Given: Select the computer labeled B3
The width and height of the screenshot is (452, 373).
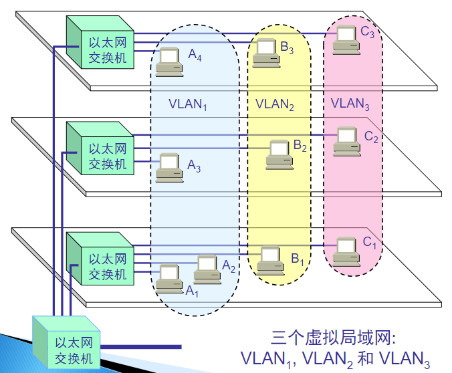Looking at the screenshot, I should [267, 52].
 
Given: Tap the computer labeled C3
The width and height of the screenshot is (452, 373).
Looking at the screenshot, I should [346, 38].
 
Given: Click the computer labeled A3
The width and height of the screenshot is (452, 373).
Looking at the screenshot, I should [168, 168].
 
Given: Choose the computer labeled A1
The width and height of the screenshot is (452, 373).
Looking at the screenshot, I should [168, 277].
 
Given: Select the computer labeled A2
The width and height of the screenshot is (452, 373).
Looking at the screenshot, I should [207, 269].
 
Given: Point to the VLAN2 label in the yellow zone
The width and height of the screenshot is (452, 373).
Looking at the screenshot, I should [275, 104].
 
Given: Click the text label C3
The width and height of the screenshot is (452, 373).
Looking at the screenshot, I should [367, 31].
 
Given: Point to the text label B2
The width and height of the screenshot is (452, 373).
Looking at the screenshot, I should [300, 144].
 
